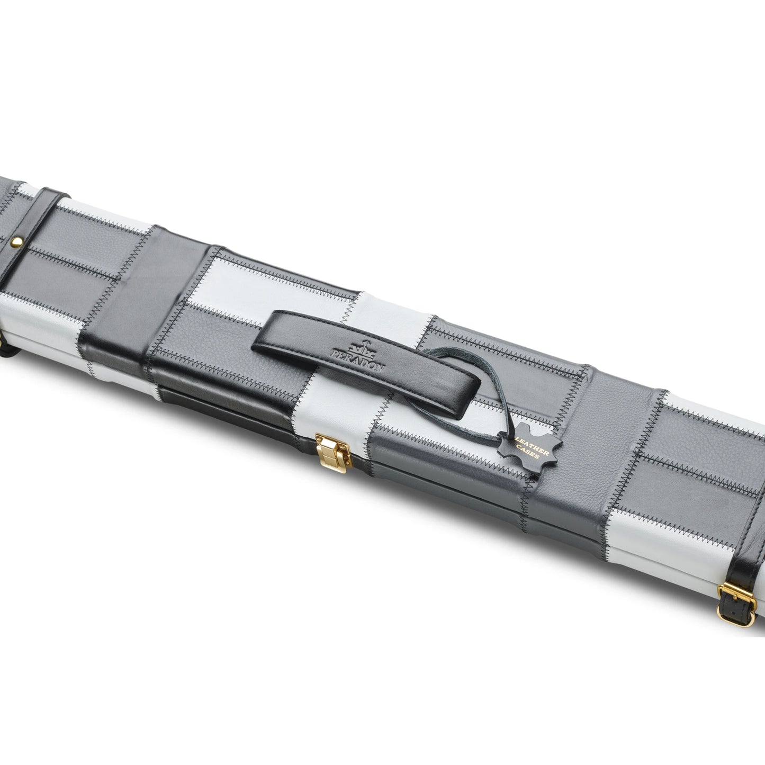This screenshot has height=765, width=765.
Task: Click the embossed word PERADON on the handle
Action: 358,360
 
